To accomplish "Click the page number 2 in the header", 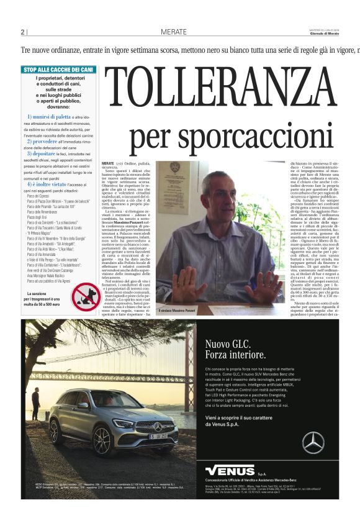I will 22,32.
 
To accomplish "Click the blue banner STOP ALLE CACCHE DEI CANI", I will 58,70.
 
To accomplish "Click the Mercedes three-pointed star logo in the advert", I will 313,442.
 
